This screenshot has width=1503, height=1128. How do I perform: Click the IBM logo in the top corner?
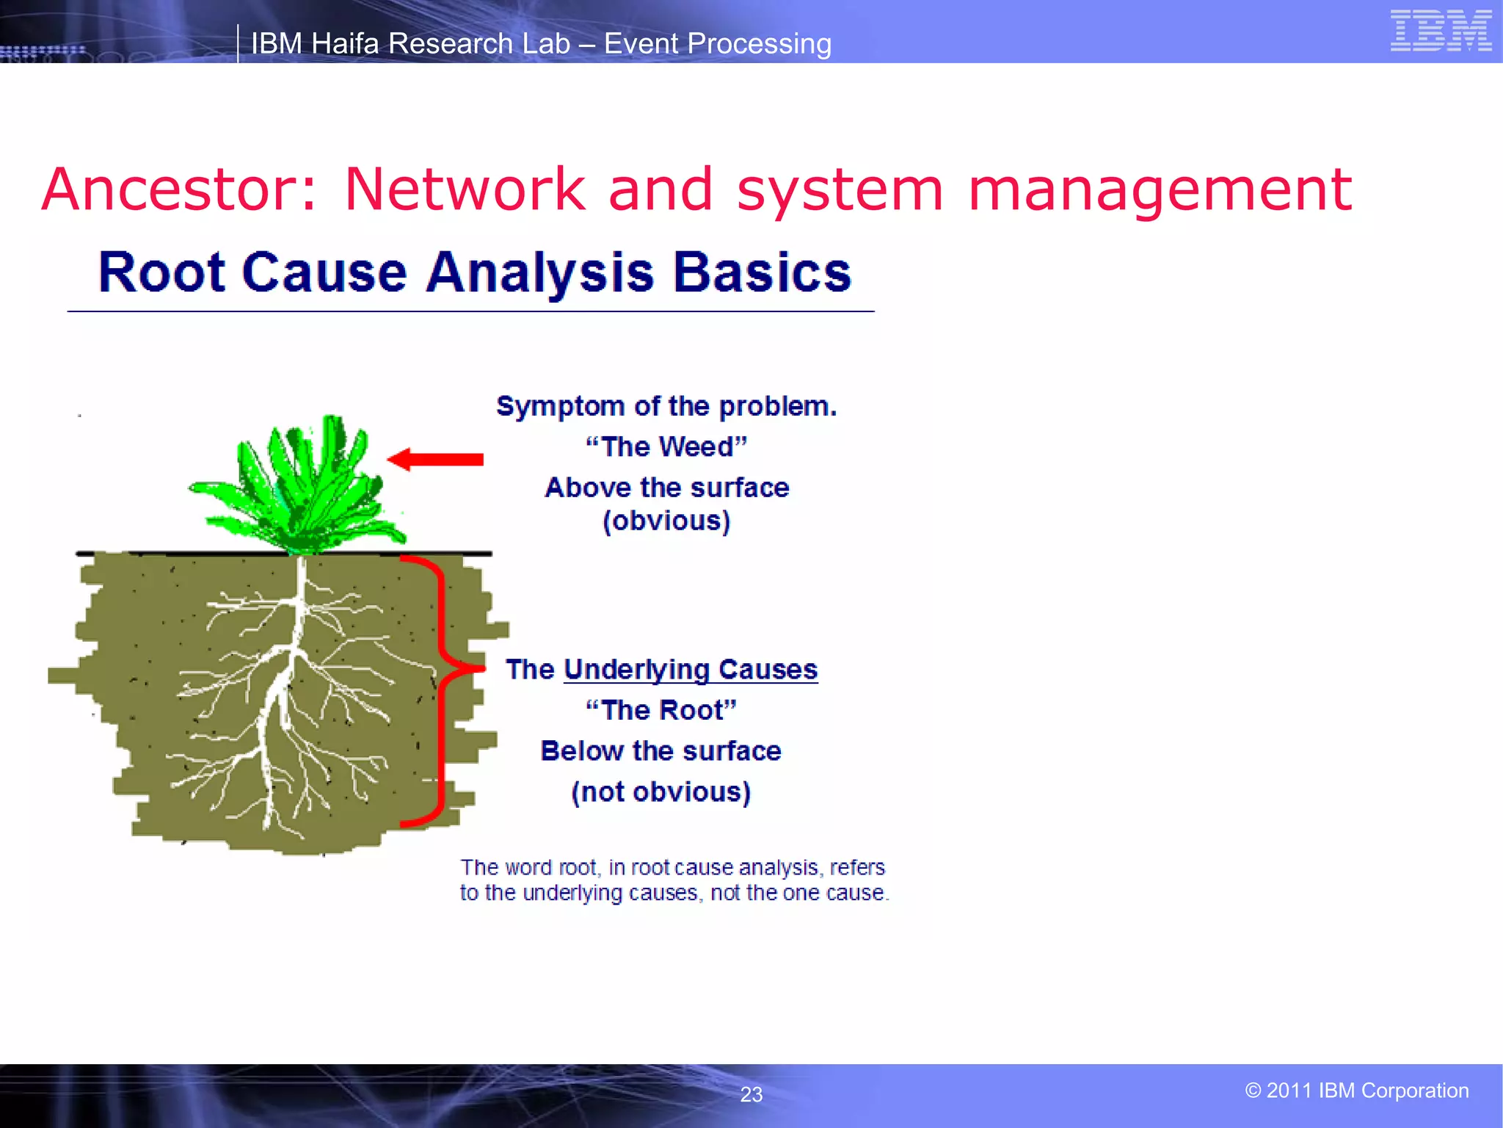coord(1440,31)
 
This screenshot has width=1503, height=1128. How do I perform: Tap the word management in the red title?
coord(1160,189)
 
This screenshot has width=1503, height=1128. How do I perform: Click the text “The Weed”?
coord(666,446)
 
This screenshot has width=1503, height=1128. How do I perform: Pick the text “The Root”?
coord(660,710)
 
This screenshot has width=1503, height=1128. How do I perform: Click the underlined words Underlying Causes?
coord(690,670)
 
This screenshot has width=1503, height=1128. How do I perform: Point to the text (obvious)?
coord(666,521)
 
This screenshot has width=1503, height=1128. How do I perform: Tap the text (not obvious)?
coord(660,792)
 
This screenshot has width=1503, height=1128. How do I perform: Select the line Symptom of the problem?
coord(666,406)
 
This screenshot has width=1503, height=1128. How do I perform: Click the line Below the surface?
coord(660,751)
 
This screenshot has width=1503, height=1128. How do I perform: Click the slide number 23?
coord(751,1094)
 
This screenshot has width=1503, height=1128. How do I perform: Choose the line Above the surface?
coord(666,488)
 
